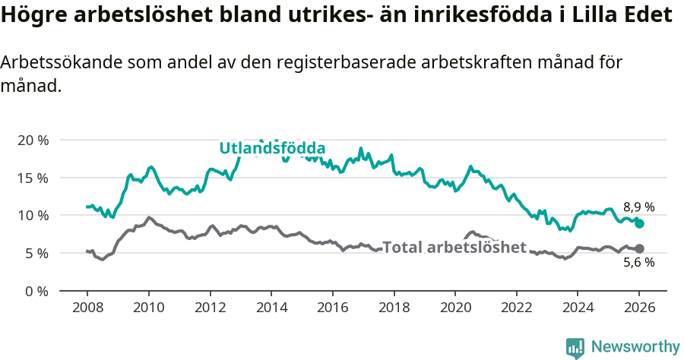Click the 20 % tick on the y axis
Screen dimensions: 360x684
coord(33,141)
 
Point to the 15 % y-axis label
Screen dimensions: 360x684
coord(33,178)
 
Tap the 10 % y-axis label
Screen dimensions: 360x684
coord(33,216)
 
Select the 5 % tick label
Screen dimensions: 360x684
coord(36,253)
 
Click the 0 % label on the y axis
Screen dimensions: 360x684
coord(36,291)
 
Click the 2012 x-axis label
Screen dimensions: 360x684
coord(210,308)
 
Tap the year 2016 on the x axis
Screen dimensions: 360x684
coord(332,308)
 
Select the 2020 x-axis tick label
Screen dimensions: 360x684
coord(454,308)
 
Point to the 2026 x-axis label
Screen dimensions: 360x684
coord(638,308)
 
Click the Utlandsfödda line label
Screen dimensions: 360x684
coord(272,148)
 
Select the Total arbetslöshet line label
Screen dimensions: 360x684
coord(454,248)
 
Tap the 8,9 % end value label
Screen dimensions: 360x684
coord(638,207)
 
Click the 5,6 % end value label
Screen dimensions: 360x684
coord(638,263)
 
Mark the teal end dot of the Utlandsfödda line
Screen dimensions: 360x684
coord(639,223)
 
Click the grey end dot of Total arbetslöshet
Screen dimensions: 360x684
coord(639,248)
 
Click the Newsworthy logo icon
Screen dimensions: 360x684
coord(575,347)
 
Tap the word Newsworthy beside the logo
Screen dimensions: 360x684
coord(635,347)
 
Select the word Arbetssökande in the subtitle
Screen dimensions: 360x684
coord(57,63)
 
